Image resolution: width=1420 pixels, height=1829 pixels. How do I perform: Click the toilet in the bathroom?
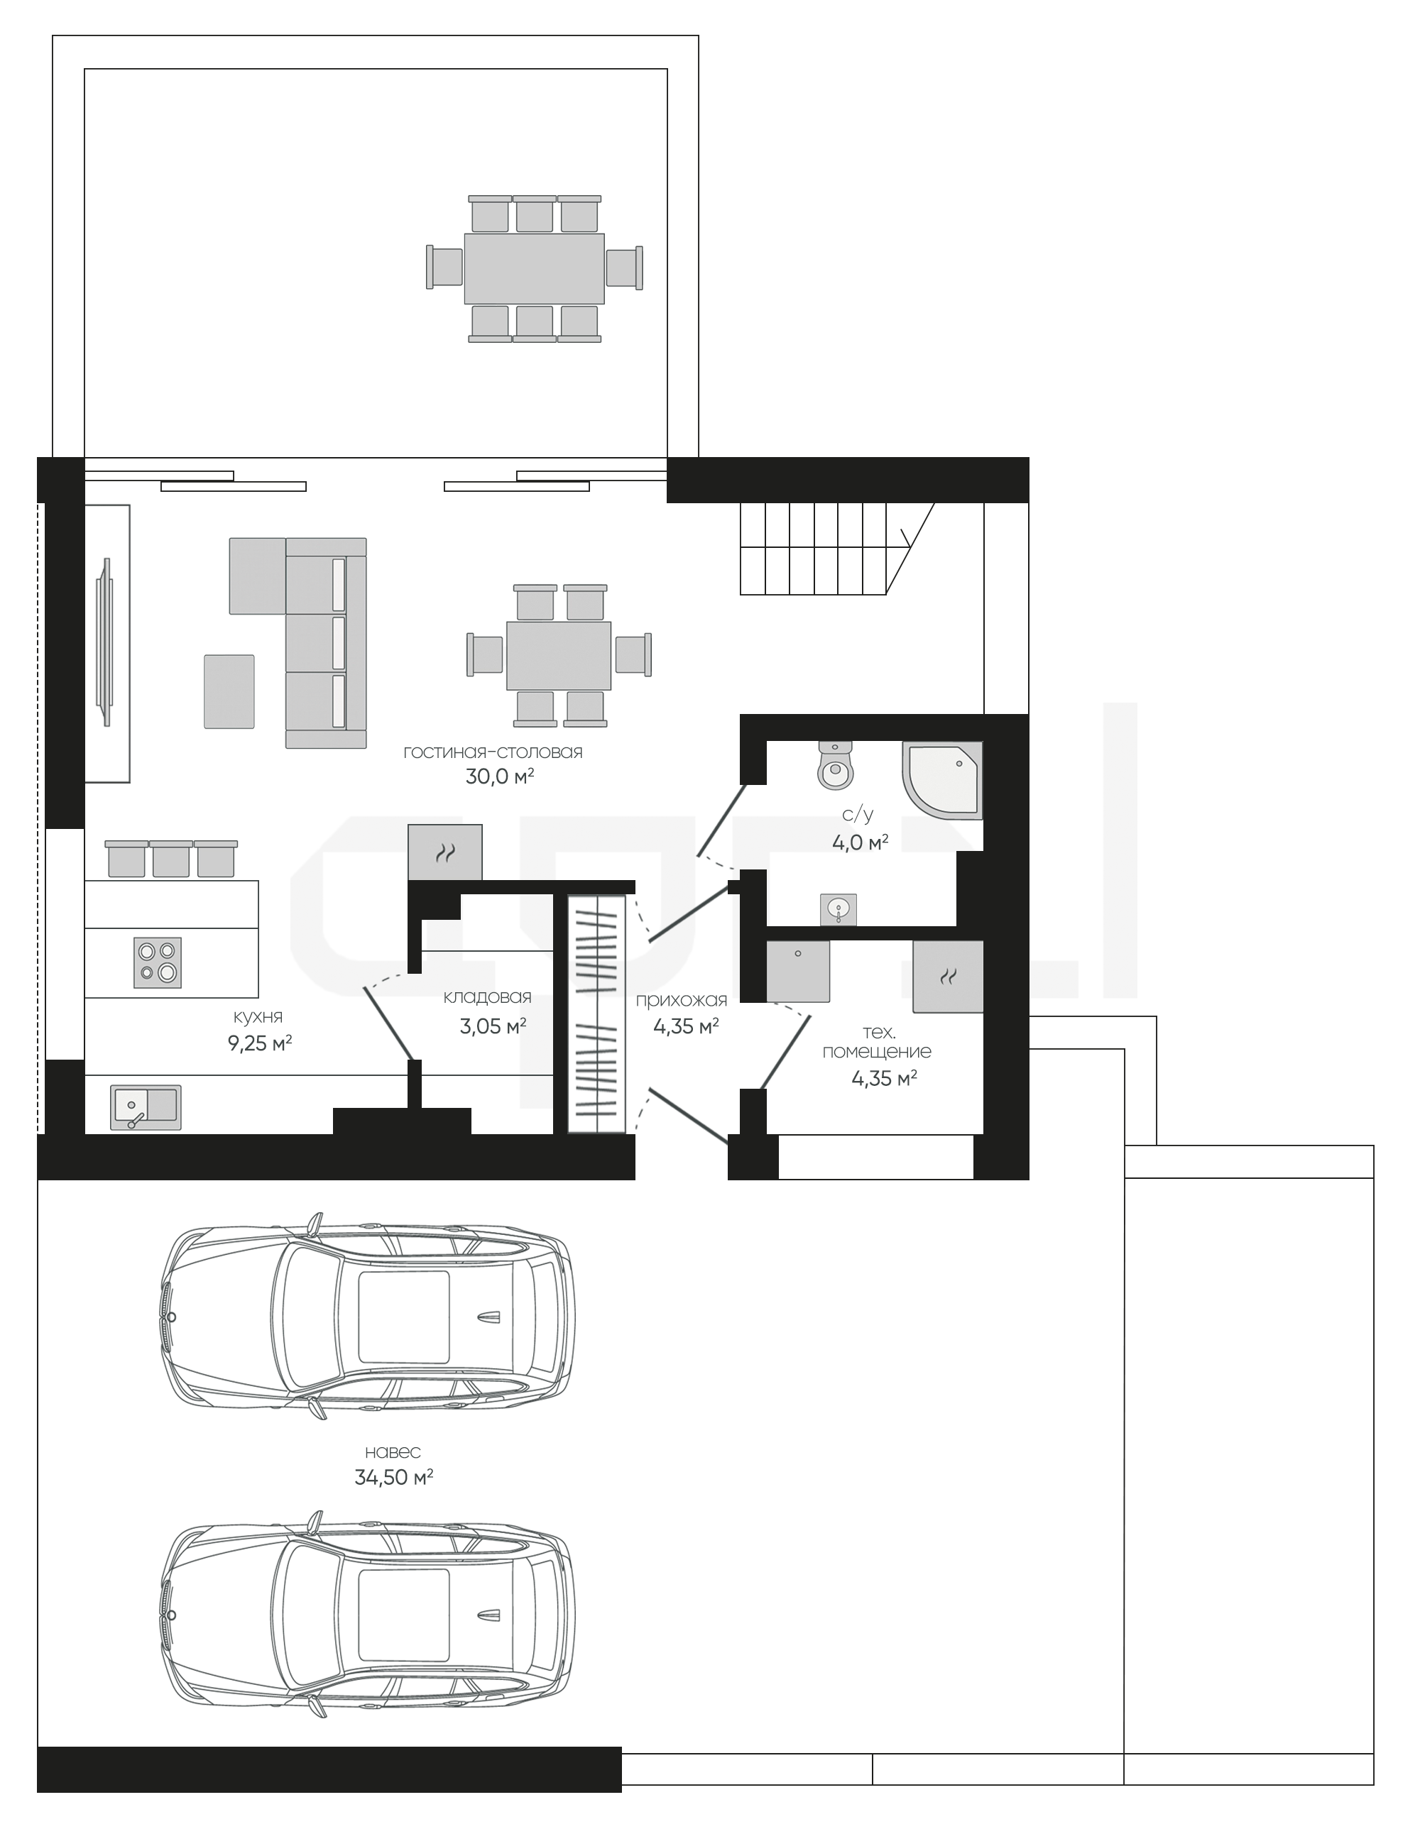834,764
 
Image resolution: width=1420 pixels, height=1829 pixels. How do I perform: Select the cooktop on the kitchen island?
158,962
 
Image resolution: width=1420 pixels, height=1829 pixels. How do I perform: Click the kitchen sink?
145,1107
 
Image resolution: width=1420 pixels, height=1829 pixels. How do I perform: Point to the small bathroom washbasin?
839,908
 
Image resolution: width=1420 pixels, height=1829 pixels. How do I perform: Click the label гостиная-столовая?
493,752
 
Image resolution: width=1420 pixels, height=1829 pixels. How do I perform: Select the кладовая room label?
488,996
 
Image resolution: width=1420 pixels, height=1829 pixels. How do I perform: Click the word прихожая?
681,1000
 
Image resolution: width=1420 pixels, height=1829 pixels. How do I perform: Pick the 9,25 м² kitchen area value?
259,1043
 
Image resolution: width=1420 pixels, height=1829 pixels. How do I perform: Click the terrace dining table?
535,269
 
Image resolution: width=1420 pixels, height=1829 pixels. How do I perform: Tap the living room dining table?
559,655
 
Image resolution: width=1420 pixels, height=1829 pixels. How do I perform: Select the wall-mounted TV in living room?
106,642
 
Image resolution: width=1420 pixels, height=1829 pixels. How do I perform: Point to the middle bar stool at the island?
171,858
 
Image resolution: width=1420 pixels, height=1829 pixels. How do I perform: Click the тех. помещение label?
876,1042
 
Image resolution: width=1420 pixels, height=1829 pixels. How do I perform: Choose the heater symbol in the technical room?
949,977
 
